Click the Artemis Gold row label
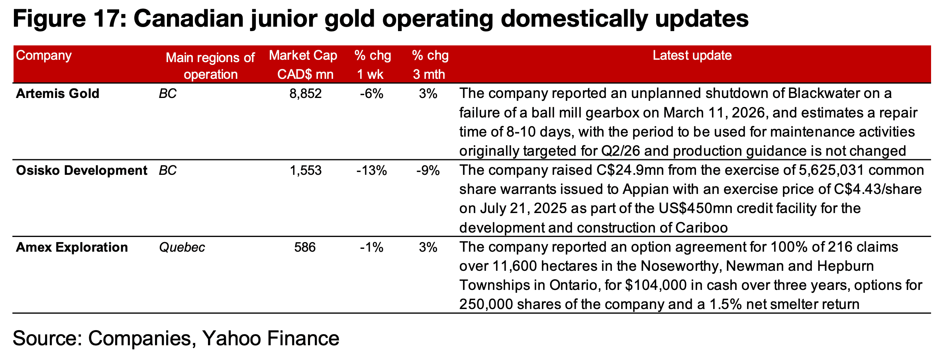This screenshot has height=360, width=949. (x=57, y=94)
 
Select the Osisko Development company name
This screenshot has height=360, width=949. (x=81, y=171)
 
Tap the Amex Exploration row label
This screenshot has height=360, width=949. (x=72, y=248)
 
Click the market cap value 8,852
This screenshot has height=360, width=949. (x=305, y=94)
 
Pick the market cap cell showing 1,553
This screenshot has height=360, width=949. (x=305, y=171)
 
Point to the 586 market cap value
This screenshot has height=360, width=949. (x=305, y=248)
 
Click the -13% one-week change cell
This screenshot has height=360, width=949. (x=371, y=171)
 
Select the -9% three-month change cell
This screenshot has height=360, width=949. (x=428, y=171)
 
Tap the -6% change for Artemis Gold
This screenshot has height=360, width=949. (x=371, y=94)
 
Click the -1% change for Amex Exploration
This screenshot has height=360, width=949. (x=371, y=248)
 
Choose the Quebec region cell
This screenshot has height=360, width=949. (x=182, y=248)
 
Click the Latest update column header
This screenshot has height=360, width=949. (x=692, y=55)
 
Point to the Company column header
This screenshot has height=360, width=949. (x=43, y=55)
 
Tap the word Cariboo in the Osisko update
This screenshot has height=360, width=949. (x=701, y=228)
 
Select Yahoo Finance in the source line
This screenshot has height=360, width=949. (x=271, y=338)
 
